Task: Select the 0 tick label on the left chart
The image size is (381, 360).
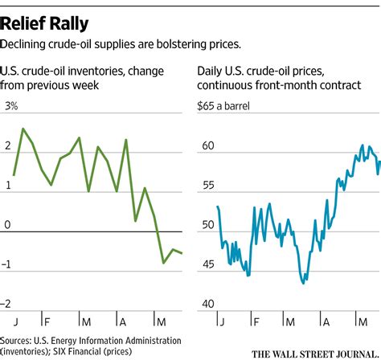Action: (x=8, y=225)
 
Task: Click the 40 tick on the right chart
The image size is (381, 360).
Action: (x=206, y=303)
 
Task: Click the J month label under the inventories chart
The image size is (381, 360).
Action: (x=15, y=318)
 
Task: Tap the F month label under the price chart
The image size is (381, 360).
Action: (x=254, y=318)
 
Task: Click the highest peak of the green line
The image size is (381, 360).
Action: (x=23, y=129)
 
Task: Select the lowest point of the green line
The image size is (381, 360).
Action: (x=164, y=263)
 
